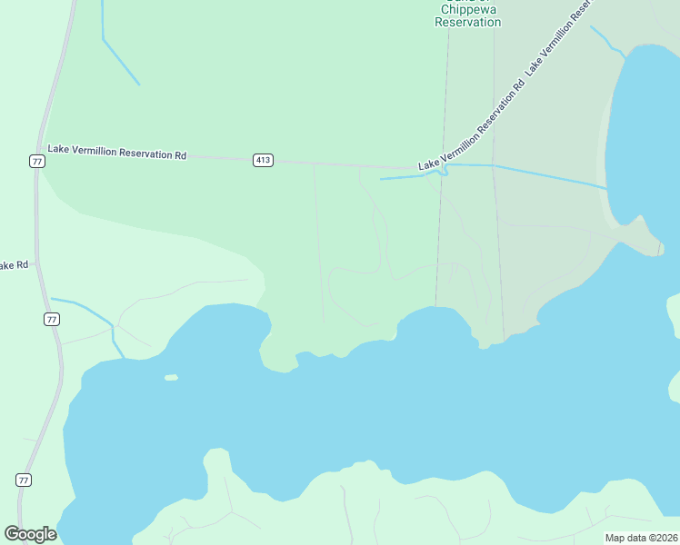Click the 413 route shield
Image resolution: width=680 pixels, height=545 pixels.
[263, 161]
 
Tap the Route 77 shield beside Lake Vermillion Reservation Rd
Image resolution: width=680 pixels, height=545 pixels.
[36, 161]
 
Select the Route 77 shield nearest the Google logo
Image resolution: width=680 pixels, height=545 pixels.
[24, 480]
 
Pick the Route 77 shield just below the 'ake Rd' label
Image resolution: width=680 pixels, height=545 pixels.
[52, 319]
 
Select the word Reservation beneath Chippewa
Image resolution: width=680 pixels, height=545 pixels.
[468, 23]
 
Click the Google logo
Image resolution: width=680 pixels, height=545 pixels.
[30, 534]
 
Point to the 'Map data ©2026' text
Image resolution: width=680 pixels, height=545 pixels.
[640, 538]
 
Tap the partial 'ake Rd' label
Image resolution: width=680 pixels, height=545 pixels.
[14, 265]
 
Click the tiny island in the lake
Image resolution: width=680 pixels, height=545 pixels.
[171, 377]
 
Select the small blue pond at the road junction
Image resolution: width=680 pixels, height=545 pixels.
[443, 170]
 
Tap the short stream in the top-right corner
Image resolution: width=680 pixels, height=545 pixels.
[605, 41]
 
